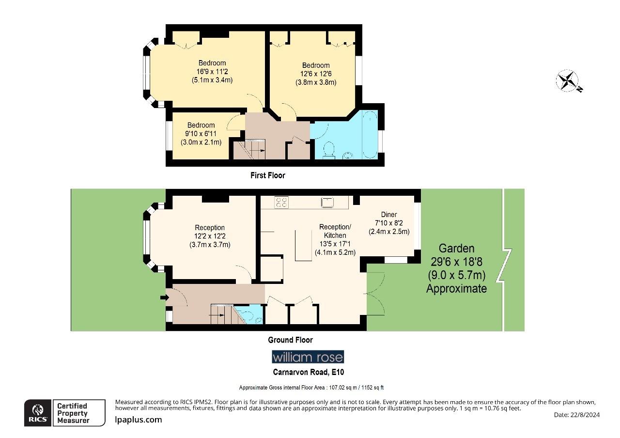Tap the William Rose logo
(308, 358)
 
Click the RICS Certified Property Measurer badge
(65, 413)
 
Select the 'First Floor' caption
(267, 175)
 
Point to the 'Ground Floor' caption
(290, 340)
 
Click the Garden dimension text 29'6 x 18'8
(457, 262)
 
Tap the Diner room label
(388, 215)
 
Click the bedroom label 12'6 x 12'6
(315, 74)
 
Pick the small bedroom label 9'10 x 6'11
(201, 134)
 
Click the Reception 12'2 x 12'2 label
(210, 236)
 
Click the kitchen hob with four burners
(281, 202)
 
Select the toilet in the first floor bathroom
(328, 150)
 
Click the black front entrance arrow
(163, 297)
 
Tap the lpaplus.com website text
(139, 420)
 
